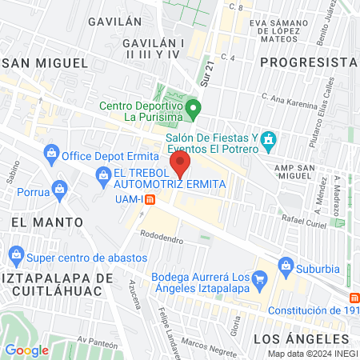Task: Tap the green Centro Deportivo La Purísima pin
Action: (x=192, y=107)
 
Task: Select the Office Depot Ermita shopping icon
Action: (x=51, y=153)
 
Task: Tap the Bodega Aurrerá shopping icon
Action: (x=259, y=279)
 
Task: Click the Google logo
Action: (x=26, y=350)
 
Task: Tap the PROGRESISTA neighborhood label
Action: (x=307, y=62)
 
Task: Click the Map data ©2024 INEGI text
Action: (x=310, y=354)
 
